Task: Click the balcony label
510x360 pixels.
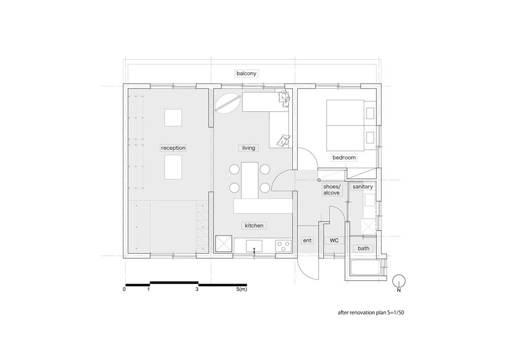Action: (246, 74)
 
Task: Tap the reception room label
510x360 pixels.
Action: (174, 148)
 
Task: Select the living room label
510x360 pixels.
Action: (248, 148)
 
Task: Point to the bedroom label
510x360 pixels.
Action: (344, 158)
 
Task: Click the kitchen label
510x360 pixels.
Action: (254, 225)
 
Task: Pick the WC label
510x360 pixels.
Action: (334, 240)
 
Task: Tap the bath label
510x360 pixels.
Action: (363, 248)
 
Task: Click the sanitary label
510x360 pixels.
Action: (363, 187)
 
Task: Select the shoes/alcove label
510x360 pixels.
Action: (331, 190)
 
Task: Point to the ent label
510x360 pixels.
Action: (307, 240)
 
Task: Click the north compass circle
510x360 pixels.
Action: (399, 281)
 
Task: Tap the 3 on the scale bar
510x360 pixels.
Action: (197, 289)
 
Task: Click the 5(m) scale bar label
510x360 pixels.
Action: (242, 289)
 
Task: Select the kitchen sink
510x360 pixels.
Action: (254, 246)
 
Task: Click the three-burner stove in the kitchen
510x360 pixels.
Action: (283, 246)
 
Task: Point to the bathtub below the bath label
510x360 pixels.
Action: (365, 268)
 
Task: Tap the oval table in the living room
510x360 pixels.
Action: (228, 104)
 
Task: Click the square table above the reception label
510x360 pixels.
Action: (173, 117)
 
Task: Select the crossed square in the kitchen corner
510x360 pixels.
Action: (223, 244)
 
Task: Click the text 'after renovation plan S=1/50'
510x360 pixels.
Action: (371, 313)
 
